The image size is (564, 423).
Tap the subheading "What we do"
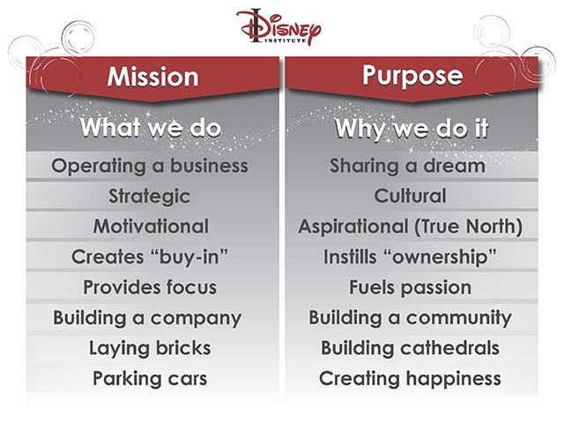(x=150, y=128)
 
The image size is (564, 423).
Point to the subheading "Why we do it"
(x=411, y=128)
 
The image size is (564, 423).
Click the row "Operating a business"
(x=150, y=166)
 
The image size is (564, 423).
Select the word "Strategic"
(x=150, y=196)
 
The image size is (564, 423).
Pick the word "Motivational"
(x=151, y=226)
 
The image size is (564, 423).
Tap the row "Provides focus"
(x=150, y=287)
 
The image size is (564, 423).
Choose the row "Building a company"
(x=147, y=318)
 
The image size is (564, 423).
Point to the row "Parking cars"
(x=150, y=379)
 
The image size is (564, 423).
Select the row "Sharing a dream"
(x=407, y=166)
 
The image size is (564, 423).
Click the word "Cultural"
(x=410, y=196)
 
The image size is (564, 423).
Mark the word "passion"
(x=438, y=287)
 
